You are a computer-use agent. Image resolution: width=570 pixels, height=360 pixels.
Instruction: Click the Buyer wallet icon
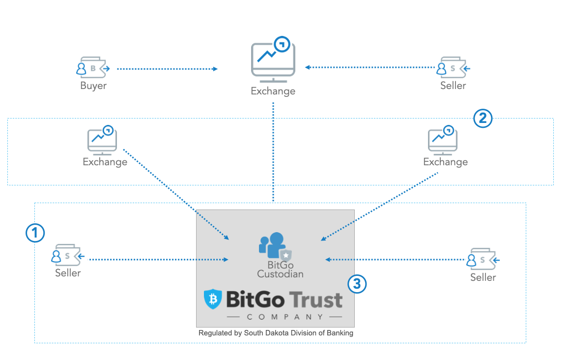(93, 68)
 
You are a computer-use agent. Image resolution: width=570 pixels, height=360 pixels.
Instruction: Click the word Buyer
(93, 86)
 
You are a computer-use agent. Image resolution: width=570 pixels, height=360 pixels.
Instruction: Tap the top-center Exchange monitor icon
(273, 58)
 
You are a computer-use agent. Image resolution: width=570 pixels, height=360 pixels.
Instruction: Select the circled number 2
(483, 118)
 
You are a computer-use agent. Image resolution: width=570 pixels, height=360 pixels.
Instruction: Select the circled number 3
(357, 283)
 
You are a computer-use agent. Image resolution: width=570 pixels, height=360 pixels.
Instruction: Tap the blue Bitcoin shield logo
(213, 299)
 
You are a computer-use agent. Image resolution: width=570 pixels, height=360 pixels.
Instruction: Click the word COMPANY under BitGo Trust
(285, 317)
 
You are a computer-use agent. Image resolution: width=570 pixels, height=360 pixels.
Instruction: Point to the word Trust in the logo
(315, 299)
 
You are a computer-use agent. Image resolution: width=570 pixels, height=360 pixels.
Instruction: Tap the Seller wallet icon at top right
(453, 68)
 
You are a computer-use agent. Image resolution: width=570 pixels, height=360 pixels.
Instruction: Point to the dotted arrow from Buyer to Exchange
(167, 69)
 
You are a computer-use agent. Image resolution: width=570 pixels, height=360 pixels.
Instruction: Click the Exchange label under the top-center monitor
(273, 91)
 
